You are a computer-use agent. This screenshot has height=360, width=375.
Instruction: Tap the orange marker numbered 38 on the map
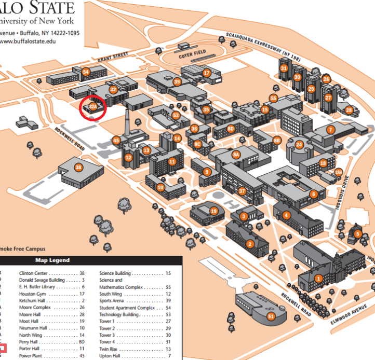point(78,168)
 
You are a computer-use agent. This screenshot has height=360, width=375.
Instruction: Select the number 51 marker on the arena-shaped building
point(271,315)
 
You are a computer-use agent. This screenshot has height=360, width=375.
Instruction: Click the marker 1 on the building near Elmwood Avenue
point(318,279)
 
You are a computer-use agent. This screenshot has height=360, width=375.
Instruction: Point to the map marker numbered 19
point(213,211)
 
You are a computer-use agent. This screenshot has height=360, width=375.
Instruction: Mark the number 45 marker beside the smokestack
point(116,141)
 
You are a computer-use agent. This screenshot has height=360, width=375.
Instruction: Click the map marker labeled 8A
point(236,154)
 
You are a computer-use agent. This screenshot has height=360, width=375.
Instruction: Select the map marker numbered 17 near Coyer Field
point(206,73)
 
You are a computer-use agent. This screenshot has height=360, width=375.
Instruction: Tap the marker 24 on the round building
point(299,145)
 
